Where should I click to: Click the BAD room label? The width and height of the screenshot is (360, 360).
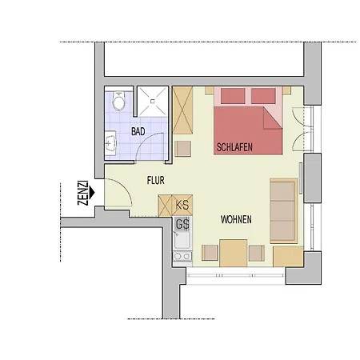point(138,131)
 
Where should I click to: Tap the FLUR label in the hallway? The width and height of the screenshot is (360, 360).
point(156,181)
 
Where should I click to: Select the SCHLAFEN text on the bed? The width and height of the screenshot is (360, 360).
point(234,147)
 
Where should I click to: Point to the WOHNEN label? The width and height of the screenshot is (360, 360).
point(236,219)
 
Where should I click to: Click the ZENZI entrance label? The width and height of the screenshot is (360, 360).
point(82,193)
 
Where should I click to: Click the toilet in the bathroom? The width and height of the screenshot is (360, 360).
point(118,101)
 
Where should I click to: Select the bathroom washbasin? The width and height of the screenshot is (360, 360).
point(110,143)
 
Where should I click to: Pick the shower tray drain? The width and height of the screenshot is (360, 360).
point(153,102)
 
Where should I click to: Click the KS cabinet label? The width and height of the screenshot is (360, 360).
point(182,205)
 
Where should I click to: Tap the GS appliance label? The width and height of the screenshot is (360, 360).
point(182,224)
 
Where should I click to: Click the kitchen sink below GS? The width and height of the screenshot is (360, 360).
point(182,240)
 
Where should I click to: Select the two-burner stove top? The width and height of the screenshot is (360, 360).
point(182,256)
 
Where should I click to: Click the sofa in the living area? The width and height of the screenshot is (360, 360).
point(283,210)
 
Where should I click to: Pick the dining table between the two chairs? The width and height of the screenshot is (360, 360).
point(234,253)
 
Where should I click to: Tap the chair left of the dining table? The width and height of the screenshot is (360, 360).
point(210,253)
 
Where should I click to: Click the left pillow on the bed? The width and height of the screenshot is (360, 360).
point(233,96)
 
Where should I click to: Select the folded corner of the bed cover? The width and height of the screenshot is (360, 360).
point(271,119)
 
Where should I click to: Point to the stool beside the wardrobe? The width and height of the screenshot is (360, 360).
point(182,149)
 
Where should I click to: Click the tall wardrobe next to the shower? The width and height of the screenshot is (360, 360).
point(182,110)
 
